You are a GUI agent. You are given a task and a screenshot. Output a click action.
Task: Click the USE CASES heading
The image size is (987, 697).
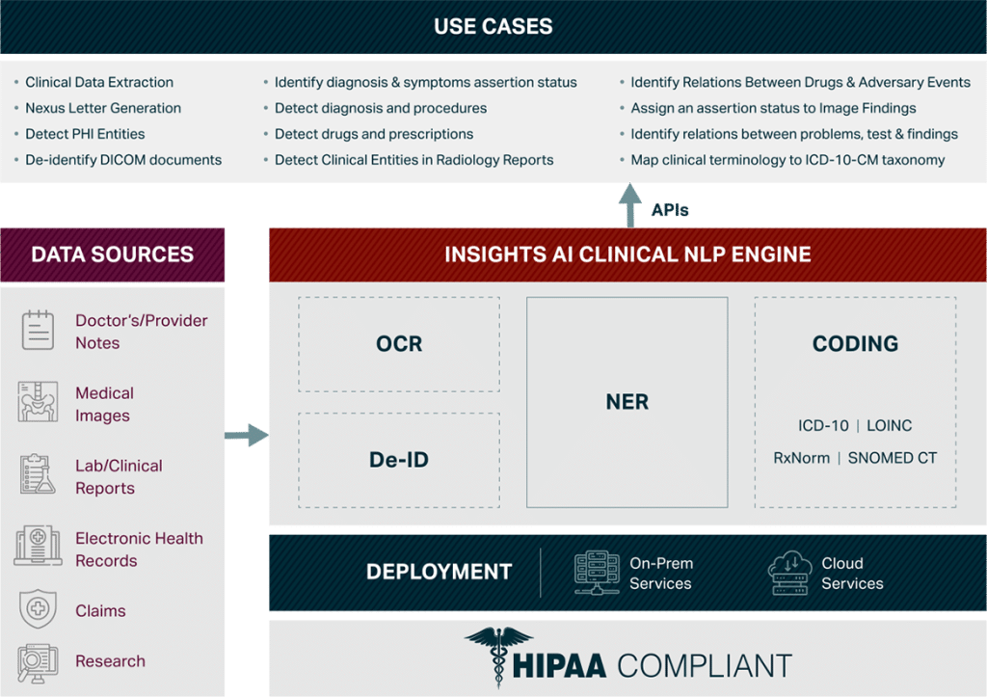pyautogui.click(x=493, y=26)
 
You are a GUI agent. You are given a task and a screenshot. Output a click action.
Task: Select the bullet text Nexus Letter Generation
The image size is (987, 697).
pyautogui.click(x=103, y=108)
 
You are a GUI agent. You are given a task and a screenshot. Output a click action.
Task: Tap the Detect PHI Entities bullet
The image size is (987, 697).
pyautogui.click(x=85, y=134)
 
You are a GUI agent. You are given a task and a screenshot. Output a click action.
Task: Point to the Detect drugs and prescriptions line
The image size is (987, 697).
pyautogui.click(x=374, y=134)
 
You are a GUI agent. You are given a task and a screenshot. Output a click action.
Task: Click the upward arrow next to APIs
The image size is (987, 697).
pyautogui.click(x=630, y=204)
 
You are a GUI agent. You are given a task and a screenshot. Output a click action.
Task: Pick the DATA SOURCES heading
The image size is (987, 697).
pyautogui.click(x=113, y=255)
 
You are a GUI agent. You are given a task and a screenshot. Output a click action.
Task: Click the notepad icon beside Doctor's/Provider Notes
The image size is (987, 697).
pyautogui.click(x=38, y=331)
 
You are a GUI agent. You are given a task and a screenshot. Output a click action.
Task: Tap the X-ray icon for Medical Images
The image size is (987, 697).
pyautogui.click(x=38, y=402)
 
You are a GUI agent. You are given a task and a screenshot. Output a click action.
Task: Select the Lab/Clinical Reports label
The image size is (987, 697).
pyautogui.click(x=119, y=476)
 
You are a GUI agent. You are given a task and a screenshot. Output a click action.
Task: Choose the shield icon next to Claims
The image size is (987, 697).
pyautogui.click(x=38, y=609)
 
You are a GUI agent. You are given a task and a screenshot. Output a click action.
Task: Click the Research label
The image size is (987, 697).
pyautogui.click(x=110, y=661)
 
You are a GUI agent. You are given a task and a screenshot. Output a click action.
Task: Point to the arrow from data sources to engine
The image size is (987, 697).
pyautogui.click(x=246, y=435)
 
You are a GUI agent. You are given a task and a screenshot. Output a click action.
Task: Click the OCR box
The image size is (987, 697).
pyautogui.click(x=399, y=344)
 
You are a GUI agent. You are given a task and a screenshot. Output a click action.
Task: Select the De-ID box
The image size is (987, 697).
pyautogui.click(x=399, y=460)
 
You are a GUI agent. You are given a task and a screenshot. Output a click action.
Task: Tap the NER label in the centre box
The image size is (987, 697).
pyautogui.click(x=627, y=402)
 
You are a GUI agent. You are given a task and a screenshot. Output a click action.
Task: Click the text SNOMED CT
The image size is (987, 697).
pyautogui.click(x=893, y=458)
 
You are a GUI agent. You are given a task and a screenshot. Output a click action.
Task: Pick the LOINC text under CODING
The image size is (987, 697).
pyautogui.click(x=889, y=425)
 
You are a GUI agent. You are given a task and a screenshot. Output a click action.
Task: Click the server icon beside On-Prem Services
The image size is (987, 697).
pyautogui.click(x=596, y=572)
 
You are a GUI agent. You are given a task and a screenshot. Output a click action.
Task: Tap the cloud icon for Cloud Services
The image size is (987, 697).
pyautogui.click(x=789, y=573)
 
